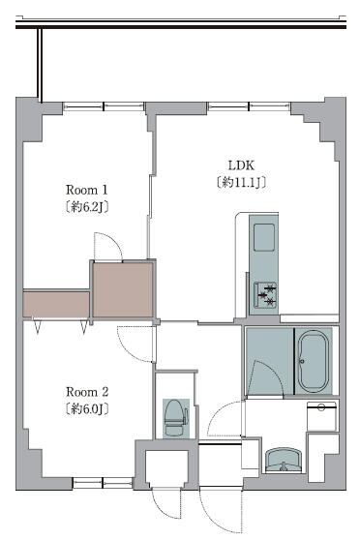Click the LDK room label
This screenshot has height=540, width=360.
(241, 165)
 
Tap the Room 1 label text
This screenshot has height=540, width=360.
(87, 190)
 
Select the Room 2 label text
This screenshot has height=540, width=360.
(87, 392)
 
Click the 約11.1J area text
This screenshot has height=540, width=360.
(242, 182)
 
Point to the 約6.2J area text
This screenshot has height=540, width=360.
(87, 207)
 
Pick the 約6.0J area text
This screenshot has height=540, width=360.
(87, 408)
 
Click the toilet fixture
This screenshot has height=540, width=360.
(175, 418)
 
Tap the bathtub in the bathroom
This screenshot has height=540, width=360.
(314, 361)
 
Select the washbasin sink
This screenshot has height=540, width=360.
(284, 460)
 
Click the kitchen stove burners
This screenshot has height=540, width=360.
(265, 295)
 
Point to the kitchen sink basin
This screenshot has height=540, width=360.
(264, 237)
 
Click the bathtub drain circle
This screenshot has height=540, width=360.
(302, 361)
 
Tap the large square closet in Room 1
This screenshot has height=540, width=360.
(123, 290)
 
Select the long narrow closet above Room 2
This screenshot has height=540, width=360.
(56, 305)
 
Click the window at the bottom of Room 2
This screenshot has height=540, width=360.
(103, 483)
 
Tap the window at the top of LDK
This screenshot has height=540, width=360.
(249, 106)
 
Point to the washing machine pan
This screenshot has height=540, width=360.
(321, 416)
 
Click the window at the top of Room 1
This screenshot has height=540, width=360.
(104, 106)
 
